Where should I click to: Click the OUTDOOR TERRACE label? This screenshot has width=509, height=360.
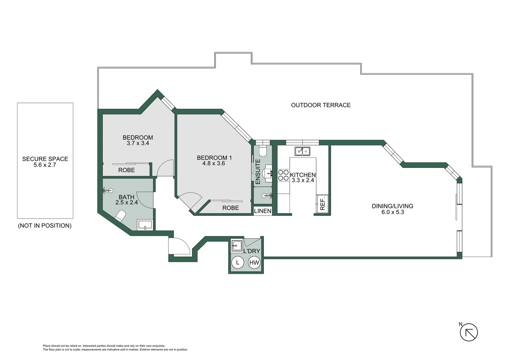(320, 105)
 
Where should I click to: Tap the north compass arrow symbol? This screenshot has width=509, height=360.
(469, 332)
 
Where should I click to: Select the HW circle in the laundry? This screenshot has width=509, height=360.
(254, 262)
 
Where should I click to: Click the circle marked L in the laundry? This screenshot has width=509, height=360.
(238, 262)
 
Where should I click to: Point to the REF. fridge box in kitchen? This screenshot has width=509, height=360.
(322, 204)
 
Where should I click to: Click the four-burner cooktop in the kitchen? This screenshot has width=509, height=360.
(283, 175)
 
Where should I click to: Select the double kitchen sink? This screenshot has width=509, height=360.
(302, 151)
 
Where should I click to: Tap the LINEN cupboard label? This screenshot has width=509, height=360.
(262, 211)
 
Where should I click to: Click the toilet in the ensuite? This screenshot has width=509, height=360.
(262, 151)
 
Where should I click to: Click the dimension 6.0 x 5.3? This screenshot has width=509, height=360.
(392, 212)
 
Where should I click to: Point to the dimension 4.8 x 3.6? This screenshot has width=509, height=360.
(214, 163)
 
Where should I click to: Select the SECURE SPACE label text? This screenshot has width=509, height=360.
(45, 159)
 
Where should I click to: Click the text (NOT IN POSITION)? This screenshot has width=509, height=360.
(45, 226)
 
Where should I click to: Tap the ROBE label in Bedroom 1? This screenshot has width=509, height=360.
(231, 208)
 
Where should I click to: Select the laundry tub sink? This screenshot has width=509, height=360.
(237, 246)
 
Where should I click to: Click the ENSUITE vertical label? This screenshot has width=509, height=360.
(257, 172)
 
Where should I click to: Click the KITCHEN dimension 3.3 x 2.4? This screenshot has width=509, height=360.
(302, 180)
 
